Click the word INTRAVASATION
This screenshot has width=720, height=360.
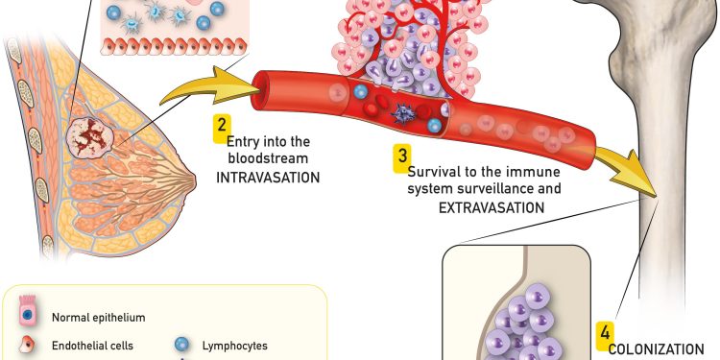pyautogui.click(x=268, y=178)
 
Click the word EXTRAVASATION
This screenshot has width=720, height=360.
pyautogui.click(x=492, y=207)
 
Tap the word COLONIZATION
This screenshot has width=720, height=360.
pyautogui.click(x=656, y=349)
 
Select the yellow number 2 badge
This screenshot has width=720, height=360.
pyautogui.click(x=222, y=128)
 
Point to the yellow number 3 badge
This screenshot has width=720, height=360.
pyautogui.click(x=402, y=158)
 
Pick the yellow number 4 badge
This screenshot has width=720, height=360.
pyautogui.click(x=605, y=336)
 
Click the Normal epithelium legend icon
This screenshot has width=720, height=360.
pyautogui.click(x=27, y=311)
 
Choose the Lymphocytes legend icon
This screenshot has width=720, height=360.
pyautogui.click(x=181, y=345)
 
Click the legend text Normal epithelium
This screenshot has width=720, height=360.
pyautogui.click(x=98, y=318)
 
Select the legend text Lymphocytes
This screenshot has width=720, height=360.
pyautogui.click(x=234, y=346)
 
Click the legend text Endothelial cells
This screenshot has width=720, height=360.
pyautogui.click(x=92, y=346)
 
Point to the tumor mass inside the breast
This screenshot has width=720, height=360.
pyautogui.click(x=89, y=137)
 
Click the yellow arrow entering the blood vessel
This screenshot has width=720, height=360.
pyautogui.click(x=209, y=86)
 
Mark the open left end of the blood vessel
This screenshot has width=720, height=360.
pyautogui.click(x=259, y=90)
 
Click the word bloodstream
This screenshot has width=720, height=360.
pyautogui.click(x=268, y=158)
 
